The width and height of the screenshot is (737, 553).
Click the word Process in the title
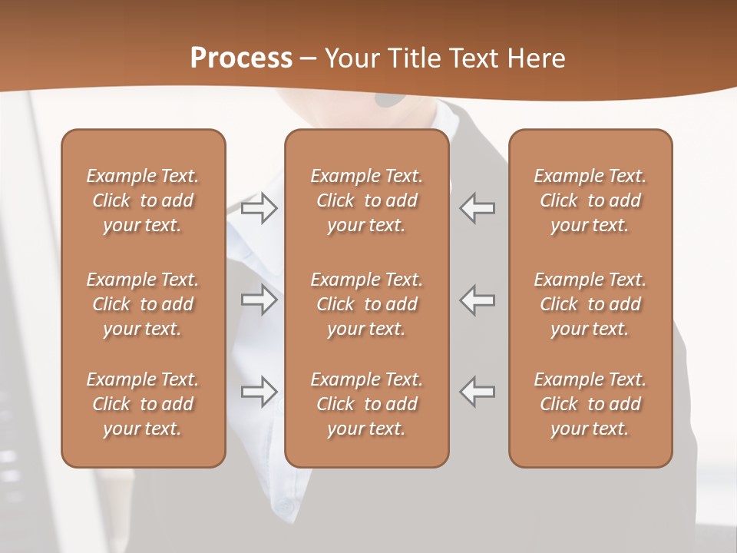[x=241, y=58]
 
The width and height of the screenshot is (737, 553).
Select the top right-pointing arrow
[x=259, y=208]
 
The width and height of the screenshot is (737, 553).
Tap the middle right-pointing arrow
[x=259, y=300]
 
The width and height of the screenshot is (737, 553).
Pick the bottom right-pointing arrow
[x=259, y=392]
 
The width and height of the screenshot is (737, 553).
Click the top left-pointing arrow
[x=478, y=208]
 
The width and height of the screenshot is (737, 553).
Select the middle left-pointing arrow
[x=478, y=300]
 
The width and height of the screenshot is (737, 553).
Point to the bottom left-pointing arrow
[x=478, y=392]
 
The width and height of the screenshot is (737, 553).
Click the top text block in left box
[x=143, y=200]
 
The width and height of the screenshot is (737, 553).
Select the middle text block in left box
[x=143, y=304]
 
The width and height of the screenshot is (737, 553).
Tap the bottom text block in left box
[x=143, y=404]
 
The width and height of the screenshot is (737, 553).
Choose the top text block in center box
[x=367, y=200]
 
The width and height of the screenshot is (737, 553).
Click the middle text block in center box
[x=367, y=304]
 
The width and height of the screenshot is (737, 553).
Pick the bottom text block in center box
[x=367, y=404]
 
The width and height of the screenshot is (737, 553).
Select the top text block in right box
[x=590, y=200]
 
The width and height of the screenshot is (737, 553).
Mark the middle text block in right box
[x=590, y=304]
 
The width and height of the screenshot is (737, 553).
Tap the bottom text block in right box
[x=590, y=404]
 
